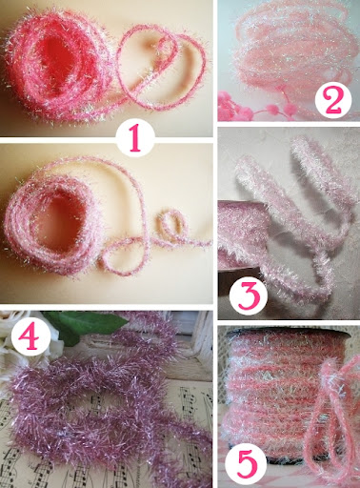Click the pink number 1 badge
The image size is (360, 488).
pos(135,139)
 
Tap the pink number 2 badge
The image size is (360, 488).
pos(333,100)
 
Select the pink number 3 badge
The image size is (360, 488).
pos(249,295)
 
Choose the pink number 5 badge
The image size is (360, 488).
pos(248,464)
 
